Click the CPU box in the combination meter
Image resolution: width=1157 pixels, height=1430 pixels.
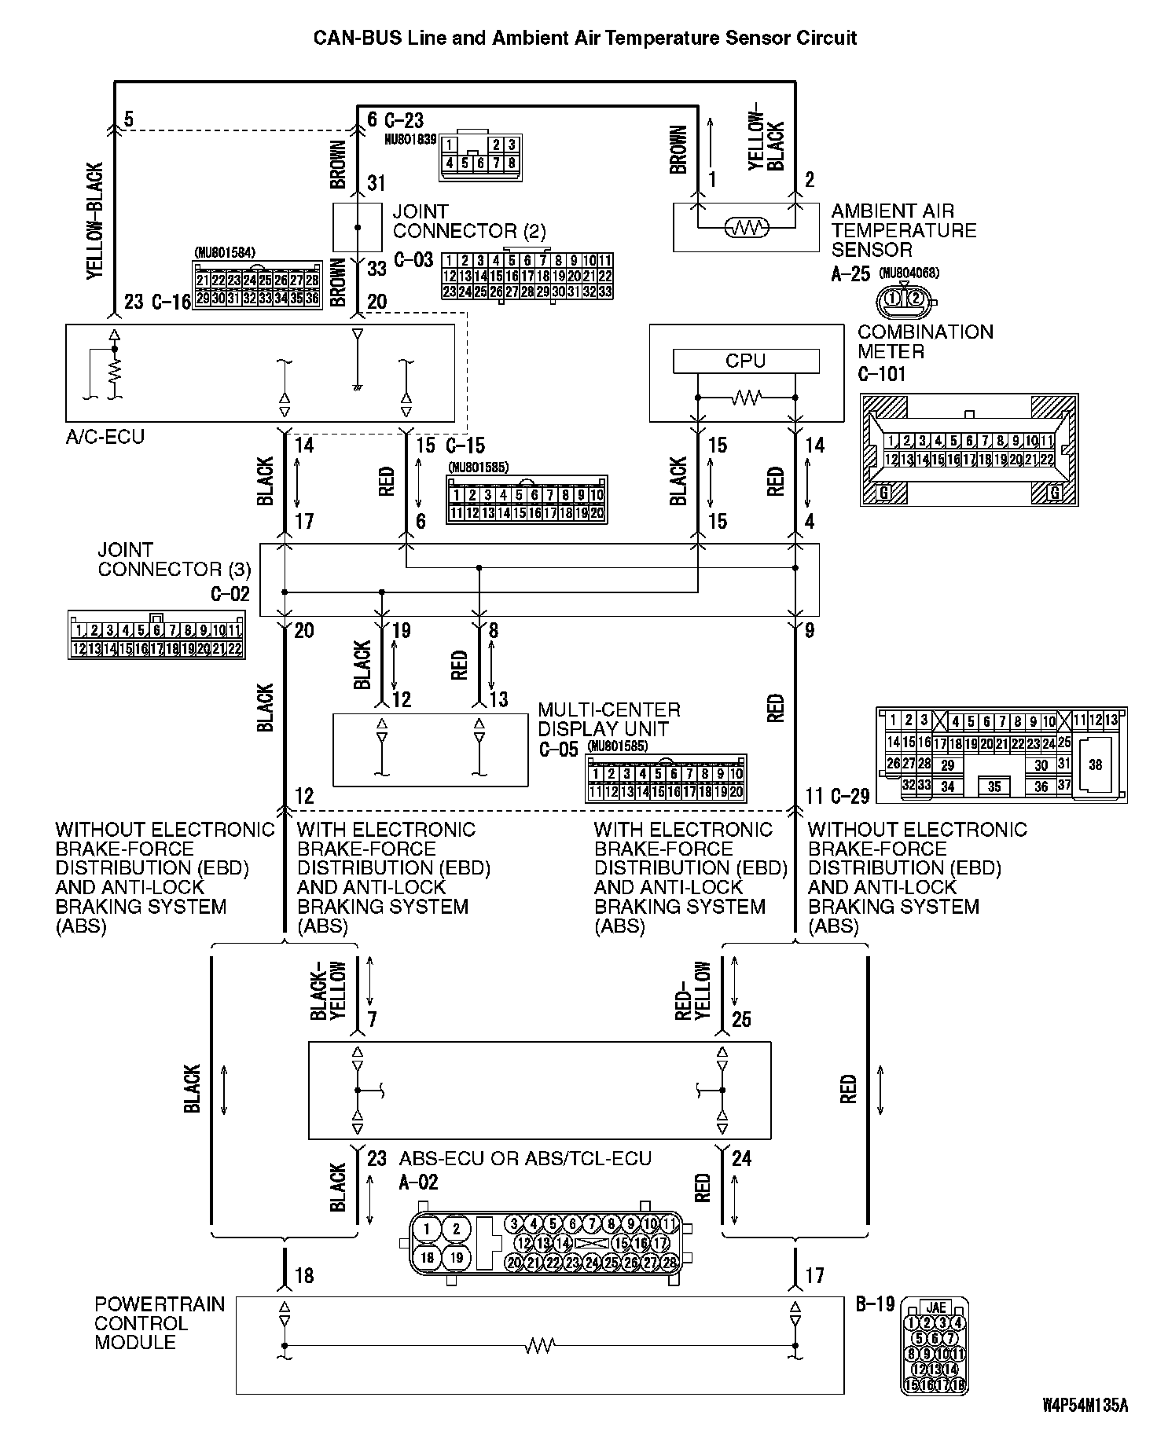click(745, 361)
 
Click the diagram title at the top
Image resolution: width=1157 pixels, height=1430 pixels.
click(585, 38)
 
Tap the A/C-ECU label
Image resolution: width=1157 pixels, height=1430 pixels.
click(105, 437)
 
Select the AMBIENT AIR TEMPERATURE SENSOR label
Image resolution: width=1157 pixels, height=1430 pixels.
click(903, 231)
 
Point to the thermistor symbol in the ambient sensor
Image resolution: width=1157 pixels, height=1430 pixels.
click(746, 229)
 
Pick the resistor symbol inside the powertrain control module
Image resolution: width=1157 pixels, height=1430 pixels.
click(539, 1346)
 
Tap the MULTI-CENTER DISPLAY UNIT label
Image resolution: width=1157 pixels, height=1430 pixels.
click(609, 720)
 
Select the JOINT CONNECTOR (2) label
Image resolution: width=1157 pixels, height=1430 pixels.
click(468, 222)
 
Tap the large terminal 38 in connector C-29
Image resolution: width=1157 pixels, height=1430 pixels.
click(1095, 764)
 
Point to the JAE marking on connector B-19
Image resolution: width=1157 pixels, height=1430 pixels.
click(935, 1307)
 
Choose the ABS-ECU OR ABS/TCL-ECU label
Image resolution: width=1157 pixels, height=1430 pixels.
click(525, 1159)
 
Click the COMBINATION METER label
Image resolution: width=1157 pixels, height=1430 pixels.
click(924, 342)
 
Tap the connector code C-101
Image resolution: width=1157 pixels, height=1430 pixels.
click(881, 374)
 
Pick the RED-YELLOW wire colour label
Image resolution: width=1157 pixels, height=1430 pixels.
click(693, 992)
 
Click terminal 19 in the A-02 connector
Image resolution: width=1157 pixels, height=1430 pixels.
click(456, 1257)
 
